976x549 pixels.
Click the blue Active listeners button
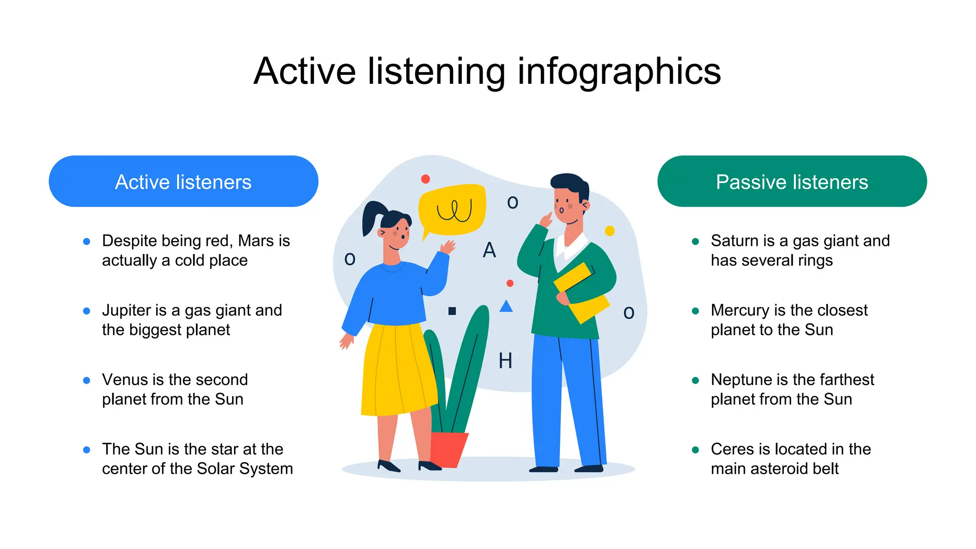183,181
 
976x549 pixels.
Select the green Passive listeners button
792,181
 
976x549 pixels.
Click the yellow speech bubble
453,210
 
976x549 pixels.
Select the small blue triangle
506,306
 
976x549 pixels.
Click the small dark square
452,311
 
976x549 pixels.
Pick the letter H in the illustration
505,361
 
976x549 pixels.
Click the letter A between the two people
489,250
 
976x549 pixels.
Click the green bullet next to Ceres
695,450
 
